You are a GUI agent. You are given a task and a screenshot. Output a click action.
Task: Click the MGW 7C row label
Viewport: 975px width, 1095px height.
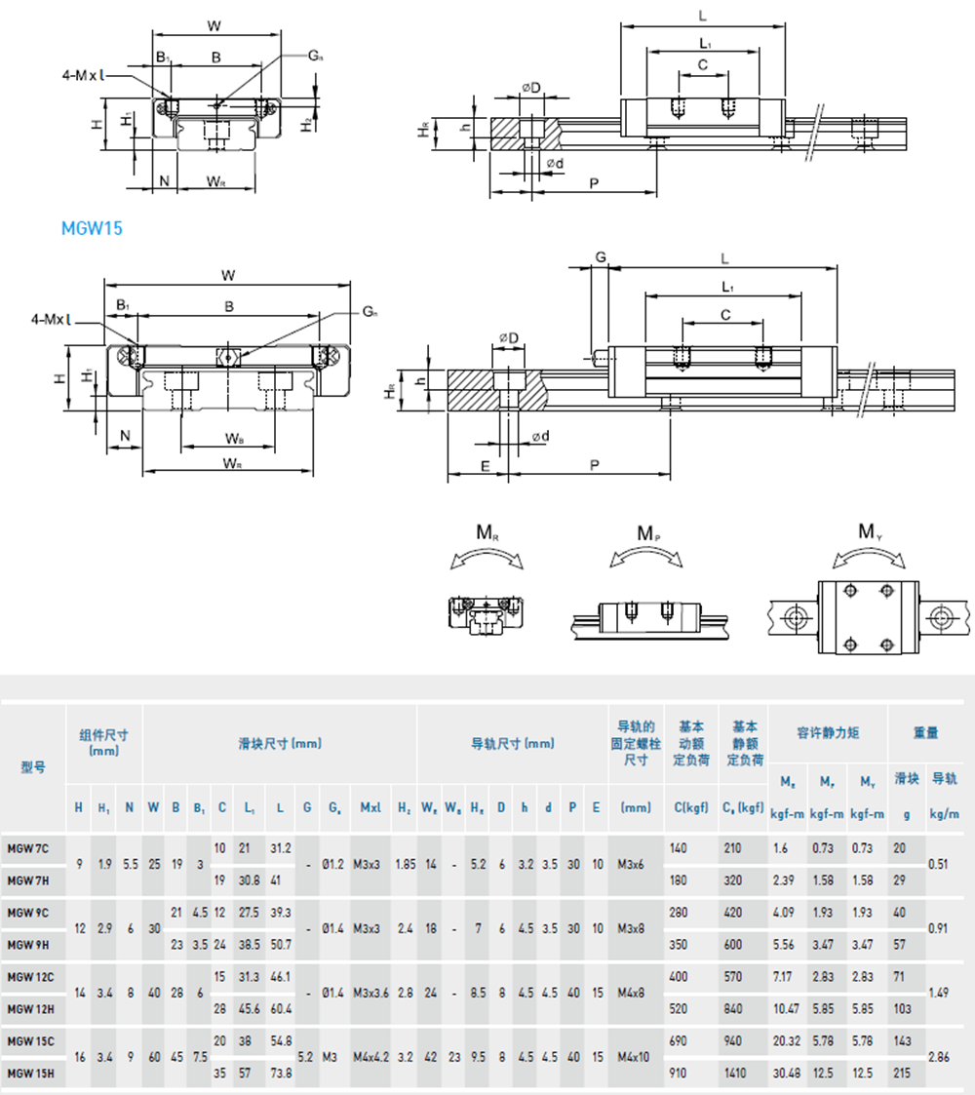tap(29, 847)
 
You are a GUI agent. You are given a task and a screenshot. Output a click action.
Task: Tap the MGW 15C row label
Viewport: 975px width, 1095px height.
tap(30, 1040)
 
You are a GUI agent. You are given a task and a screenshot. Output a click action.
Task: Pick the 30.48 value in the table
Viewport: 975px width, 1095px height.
tap(786, 1074)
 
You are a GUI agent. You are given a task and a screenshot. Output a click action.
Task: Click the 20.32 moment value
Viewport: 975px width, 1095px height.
tap(786, 1040)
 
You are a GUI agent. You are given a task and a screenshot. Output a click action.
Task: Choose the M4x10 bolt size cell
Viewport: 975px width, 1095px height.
tap(635, 1057)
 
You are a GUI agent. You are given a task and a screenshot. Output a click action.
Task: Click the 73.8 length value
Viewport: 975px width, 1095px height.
tap(281, 1074)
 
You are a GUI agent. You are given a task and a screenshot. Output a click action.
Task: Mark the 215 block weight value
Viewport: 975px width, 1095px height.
tap(901, 1074)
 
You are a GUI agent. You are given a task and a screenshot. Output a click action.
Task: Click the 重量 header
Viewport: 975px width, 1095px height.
tap(925, 732)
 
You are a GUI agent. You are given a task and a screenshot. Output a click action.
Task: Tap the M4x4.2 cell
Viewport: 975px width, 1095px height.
tap(371, 1057)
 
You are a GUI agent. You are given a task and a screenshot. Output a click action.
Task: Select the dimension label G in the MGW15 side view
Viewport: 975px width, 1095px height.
tap(601, 256)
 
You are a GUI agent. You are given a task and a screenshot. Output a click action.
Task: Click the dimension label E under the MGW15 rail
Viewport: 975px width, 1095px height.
tap(485, 466)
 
